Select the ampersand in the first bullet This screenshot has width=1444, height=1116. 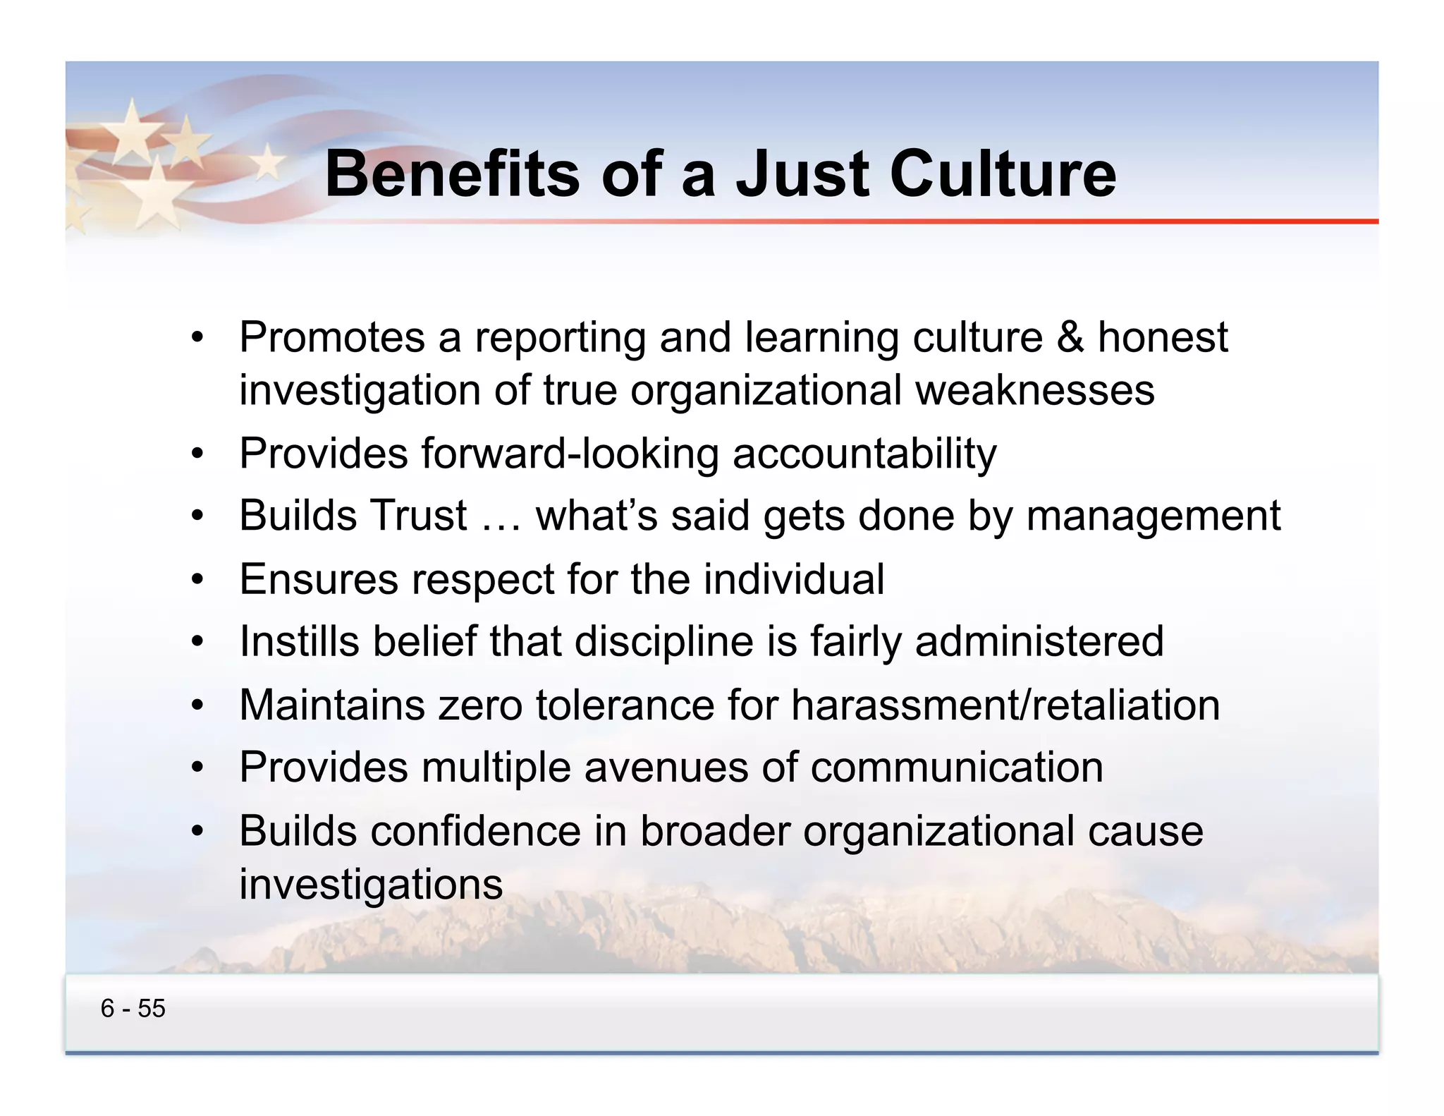(1070, 337)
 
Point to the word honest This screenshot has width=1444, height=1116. (1163, 337)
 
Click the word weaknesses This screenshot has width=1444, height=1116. (1034, 390)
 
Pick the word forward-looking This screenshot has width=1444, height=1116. (570, 453)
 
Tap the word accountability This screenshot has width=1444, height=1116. (864, 453)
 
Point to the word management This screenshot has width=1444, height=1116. (1153, 516)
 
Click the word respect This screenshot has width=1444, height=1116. (483, 579)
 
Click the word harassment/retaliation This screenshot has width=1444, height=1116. (1005, 704)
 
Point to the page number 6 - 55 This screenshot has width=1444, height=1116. (133, 1008)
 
